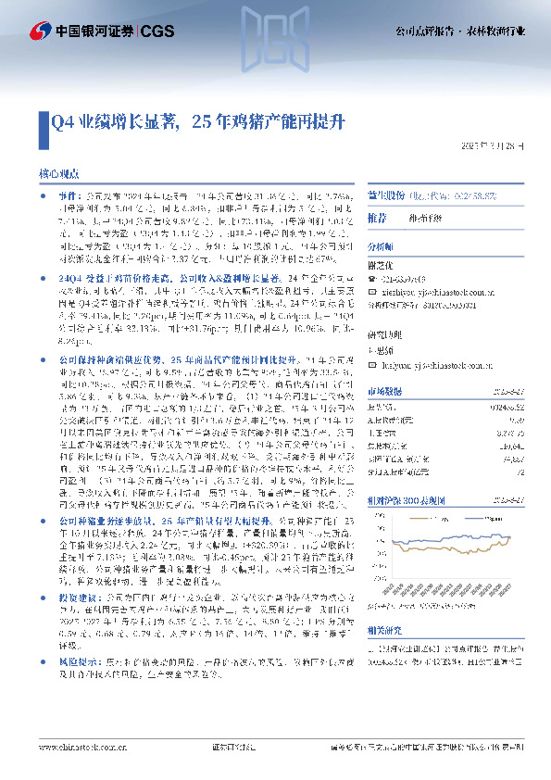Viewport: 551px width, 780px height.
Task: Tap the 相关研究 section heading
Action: [383, 605]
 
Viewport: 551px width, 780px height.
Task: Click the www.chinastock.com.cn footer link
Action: [77, 767]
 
